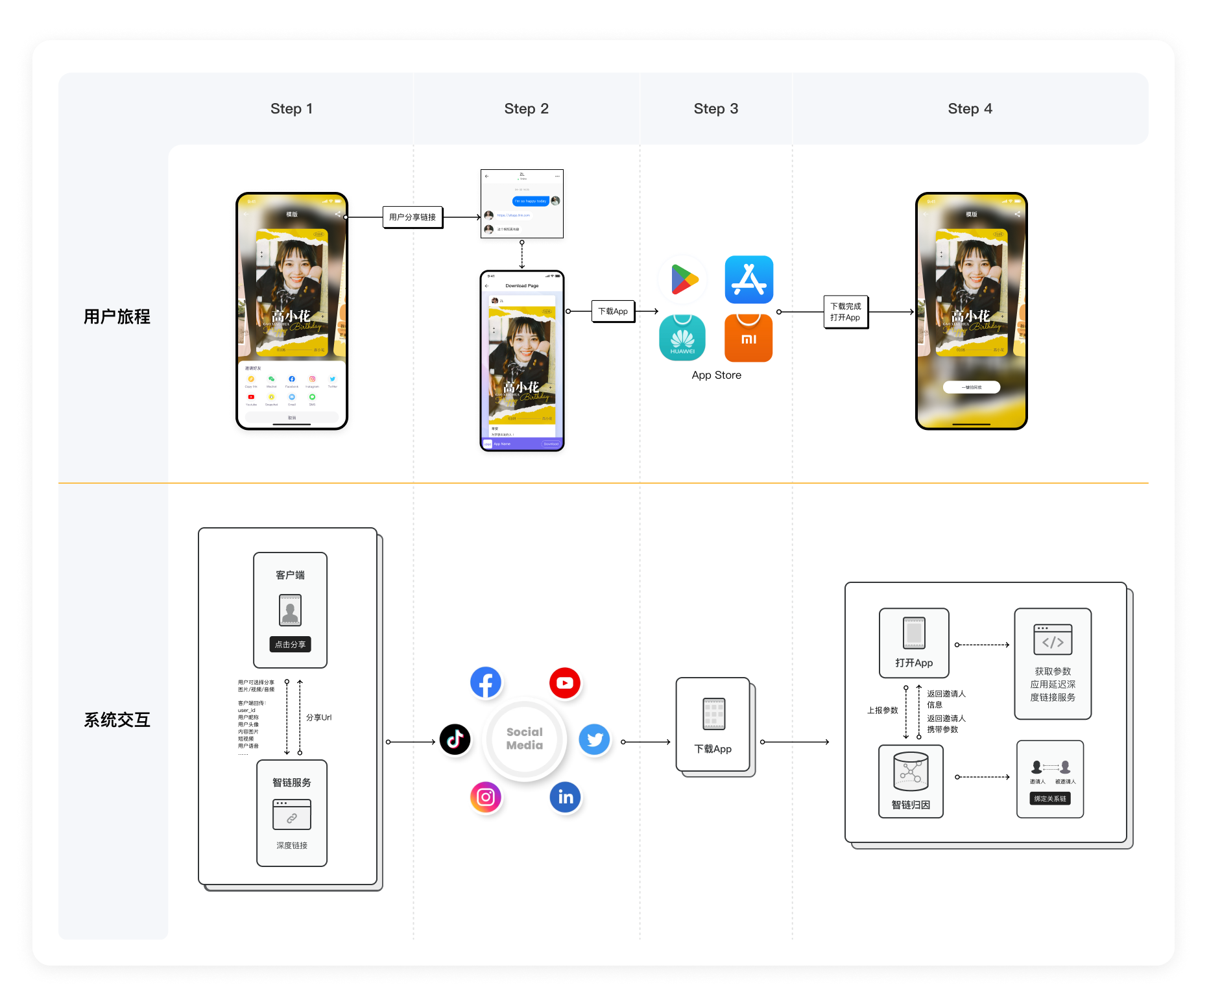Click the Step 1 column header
pyautogui.click(x=291, y=108)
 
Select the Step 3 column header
pyautogui.click(x=715, y=108)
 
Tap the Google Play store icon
pyautogui.click(x=683, y=279)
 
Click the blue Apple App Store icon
pyautogui.click(x=748, y=279)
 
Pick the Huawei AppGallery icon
pyautogui.click(x=682, y=338)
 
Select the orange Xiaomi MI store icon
pyautogui.click(x=748, y=338)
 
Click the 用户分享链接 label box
pyautogui.click(x=413, y=217)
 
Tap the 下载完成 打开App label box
pyautogui.click(x=845, y=312)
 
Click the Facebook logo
pyautogui.click(x=486, y=683)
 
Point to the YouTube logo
pyautogui.click(x=564, y=683)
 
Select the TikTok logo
pyautogui.click(x=455, y=739)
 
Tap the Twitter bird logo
pyautogui.click(x=595, y=739)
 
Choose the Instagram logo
pyautogui.click(x=486, y=797)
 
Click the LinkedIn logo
pyautogui.click(x=565, y=797)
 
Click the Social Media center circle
pyautogui.click(x=525, y=739)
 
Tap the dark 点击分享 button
pyautogui.click(x=290, y=645)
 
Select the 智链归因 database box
pyautogui.click(x=911, y=781)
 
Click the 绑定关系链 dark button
pyautogui.click(x=1049, y=798)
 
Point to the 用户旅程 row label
pyautogui.click(x=117, y=316)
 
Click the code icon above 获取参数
pyautogui.click(x=1053, y=640)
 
